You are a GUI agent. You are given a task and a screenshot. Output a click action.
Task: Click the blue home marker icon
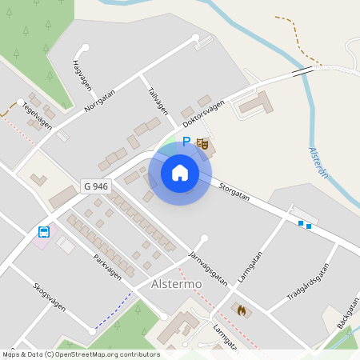(x=179, y=172)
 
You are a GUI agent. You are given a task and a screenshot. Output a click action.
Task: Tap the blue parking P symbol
(x=186, y=142)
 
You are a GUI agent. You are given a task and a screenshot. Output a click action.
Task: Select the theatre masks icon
(x=202, y=144)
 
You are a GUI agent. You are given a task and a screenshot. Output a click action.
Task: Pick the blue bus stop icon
(x=44, y=233)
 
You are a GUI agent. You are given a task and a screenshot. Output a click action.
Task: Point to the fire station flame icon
(x=242, y=309)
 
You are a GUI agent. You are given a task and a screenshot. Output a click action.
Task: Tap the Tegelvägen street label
(x=37, y=117)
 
